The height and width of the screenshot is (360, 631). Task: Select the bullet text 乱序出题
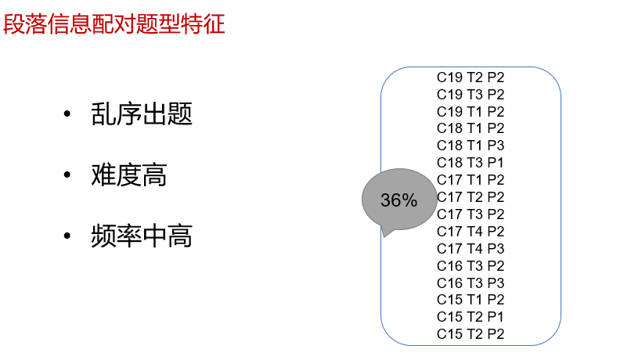142,115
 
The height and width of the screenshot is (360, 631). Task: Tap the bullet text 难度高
129,175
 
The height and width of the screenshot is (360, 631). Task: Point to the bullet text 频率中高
142,236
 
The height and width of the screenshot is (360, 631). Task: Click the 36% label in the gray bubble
398,200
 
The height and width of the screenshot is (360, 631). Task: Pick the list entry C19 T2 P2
471,77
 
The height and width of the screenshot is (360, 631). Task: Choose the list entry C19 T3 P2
471,95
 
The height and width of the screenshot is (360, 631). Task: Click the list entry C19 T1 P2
471,112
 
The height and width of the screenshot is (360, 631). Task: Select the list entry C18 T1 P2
471,128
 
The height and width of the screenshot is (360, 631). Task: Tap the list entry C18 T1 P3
471,146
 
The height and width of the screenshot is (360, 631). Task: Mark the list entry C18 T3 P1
471,163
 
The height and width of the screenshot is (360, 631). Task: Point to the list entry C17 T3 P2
471,214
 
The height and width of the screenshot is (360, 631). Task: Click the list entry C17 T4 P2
471,232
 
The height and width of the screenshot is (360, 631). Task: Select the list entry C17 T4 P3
471,249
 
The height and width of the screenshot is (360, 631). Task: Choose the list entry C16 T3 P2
471,266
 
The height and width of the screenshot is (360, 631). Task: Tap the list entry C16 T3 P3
471,283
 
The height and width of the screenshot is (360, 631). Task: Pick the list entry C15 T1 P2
471,300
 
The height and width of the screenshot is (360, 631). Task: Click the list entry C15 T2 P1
471,317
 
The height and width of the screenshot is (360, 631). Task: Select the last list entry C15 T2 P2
471,334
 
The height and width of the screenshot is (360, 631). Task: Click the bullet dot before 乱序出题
68,116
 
